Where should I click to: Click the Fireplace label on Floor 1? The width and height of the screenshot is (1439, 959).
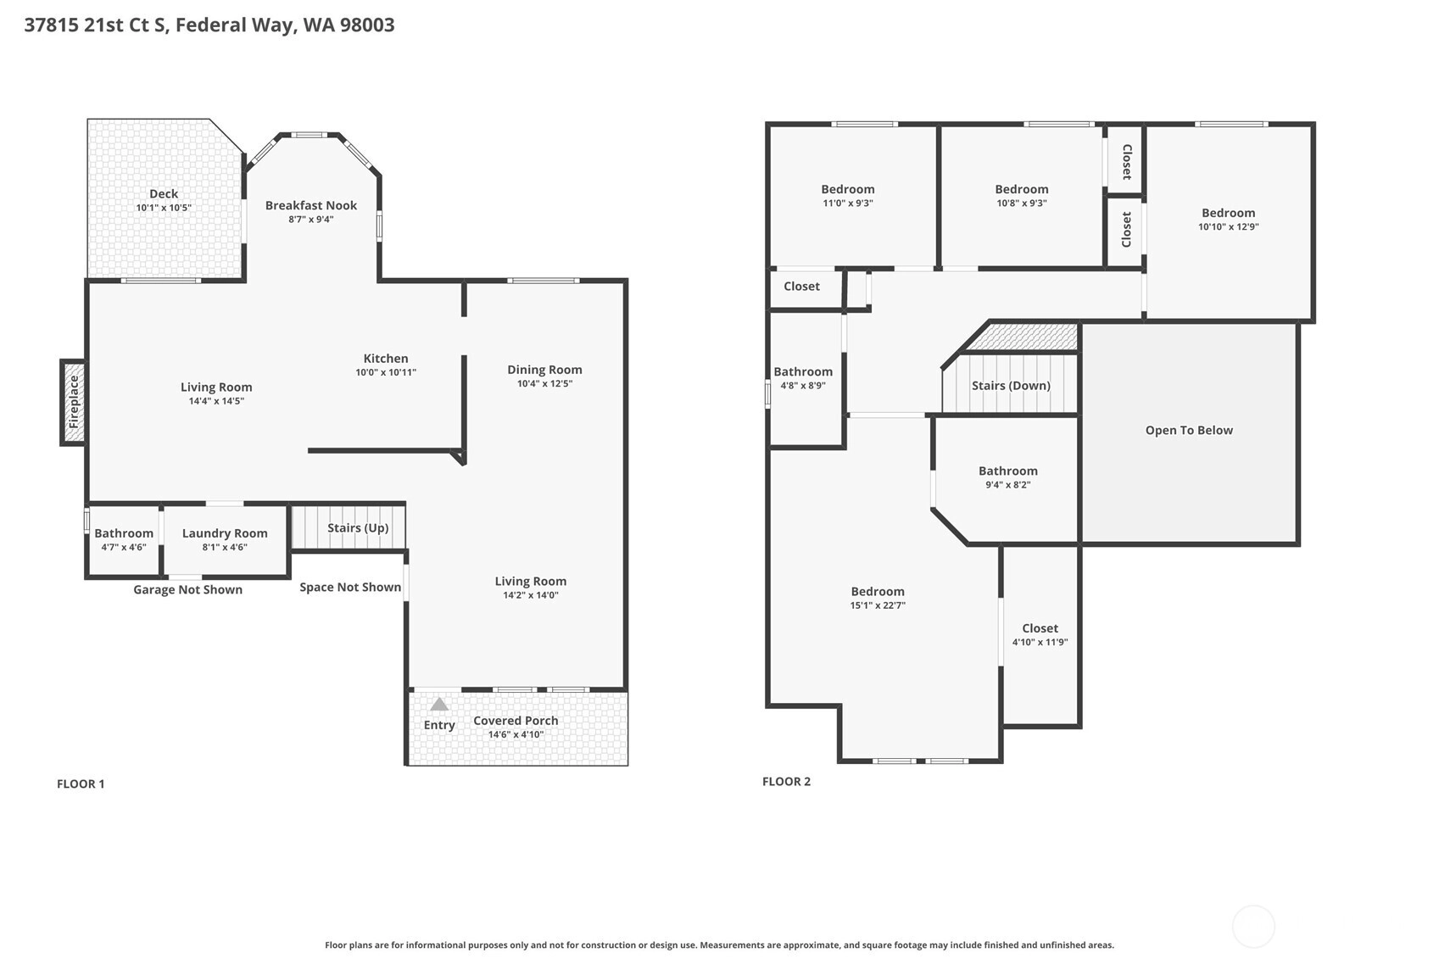click(73, 402)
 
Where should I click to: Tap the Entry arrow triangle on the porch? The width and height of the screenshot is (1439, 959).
click(438, 704)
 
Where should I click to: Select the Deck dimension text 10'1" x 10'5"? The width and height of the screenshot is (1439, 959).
click(164, 208)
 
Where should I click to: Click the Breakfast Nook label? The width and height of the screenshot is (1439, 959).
click(311, 205)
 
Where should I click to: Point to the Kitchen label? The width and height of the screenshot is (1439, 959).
click(386, 358)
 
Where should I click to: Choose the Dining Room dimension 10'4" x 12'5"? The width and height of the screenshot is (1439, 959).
click(544, 383)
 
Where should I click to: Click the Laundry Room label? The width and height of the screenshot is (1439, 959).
click(225, 533)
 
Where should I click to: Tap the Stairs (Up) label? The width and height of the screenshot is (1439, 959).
click(358, 527)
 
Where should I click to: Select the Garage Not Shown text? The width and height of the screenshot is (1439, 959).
click(187, 589)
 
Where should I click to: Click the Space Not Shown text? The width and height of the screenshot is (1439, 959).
click(350, 587)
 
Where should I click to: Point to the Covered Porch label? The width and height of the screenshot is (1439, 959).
click(516, 720)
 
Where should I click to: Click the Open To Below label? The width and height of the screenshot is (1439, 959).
click(1189, 430)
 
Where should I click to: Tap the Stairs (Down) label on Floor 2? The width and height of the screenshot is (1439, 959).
click(1011, 385)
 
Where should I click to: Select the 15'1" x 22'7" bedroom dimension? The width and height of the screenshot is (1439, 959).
click(878, 605)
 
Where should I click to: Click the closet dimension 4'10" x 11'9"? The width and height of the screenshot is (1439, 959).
click(1040, 642)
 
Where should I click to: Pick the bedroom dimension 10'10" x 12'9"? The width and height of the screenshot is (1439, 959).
click(1229, 226)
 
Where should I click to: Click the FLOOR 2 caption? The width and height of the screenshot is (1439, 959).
click(786, 781)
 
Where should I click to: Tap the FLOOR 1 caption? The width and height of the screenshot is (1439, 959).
click(81, 783)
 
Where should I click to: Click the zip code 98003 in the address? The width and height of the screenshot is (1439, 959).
click(367, 25)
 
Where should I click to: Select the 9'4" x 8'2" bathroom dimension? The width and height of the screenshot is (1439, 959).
click(1008, 485)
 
